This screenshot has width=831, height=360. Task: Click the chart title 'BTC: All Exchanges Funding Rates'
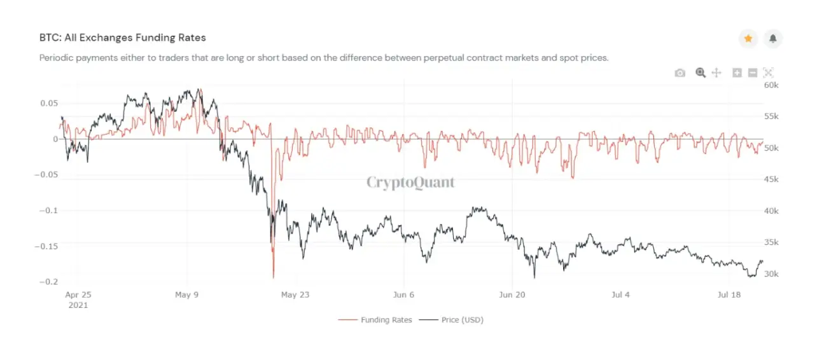tap(123, 38)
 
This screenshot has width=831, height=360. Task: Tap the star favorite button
tap(748, 39)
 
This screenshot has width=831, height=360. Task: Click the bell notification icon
tap(773, 39)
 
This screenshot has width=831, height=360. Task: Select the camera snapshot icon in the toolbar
tap(680, 73)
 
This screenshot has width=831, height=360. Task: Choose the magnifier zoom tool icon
tap(701, 73)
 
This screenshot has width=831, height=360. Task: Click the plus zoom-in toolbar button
tap(737, 73)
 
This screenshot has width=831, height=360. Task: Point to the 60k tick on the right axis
tap(771, 85)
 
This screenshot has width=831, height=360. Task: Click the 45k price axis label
tap(771, 179)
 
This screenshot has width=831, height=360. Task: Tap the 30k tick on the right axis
tap(771, 274)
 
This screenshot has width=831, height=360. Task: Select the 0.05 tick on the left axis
tap(48, 103)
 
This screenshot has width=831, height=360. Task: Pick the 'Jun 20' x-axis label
tap(512, 295)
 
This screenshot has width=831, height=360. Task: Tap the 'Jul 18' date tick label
tap(729, 295)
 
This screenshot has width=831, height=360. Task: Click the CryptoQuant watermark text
tap(411, 183)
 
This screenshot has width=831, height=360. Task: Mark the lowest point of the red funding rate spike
tap(274, 278)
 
